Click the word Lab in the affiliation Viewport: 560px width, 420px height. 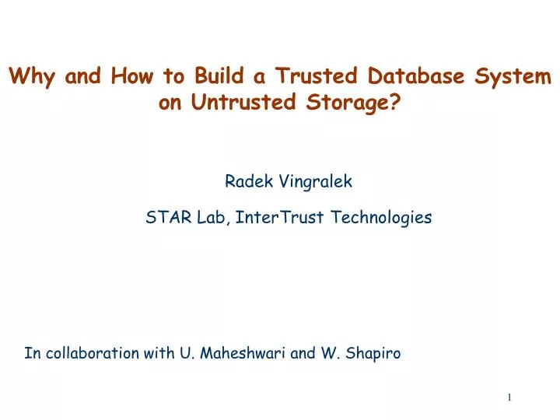point(210,218)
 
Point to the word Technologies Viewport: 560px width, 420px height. point(381,219)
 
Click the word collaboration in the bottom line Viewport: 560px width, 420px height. point(93,353)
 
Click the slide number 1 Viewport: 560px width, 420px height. point(509,397)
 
